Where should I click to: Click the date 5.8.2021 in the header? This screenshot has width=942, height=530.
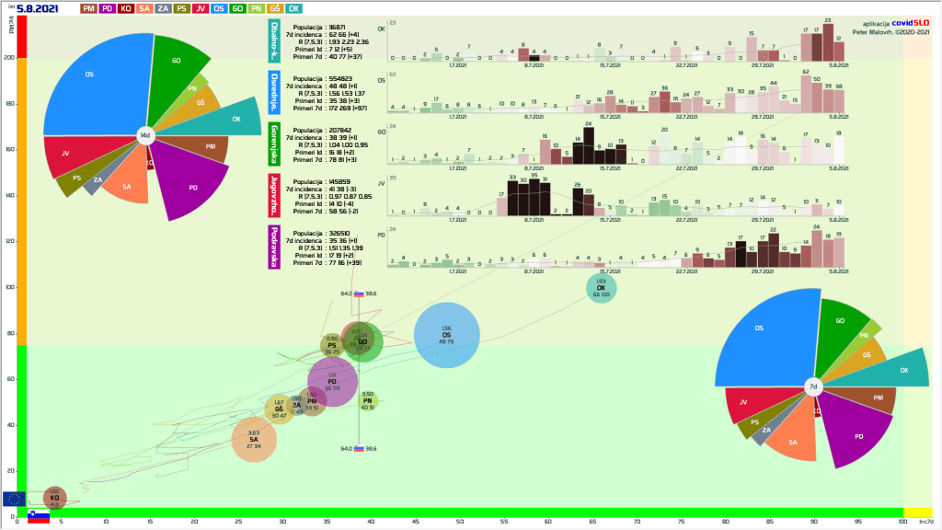point(42,8)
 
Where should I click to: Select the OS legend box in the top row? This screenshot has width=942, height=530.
point(218,8)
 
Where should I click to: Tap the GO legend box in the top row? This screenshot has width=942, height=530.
point(238,8)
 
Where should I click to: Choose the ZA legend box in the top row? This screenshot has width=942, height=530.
point(162,8)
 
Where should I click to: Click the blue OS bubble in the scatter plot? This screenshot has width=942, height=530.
point(446,335)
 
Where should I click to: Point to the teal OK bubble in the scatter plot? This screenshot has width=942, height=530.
point(601,289)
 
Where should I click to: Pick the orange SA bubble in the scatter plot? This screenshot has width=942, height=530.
point(254,439)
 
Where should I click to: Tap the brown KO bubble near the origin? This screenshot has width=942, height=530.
point(54,498)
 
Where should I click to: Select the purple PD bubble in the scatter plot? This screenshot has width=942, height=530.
point(332,382)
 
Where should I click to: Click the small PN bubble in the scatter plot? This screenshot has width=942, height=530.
point(367,399)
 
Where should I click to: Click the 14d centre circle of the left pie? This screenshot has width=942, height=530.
point(144,135)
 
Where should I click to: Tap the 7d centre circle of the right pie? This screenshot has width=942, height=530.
point(813,387)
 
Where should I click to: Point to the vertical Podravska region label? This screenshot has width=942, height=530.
point(274,247)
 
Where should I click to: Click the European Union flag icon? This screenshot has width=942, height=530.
point(14,498)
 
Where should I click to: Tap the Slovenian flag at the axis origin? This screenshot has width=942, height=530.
point(38,516)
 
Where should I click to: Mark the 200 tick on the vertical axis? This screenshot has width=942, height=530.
point(9,57)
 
